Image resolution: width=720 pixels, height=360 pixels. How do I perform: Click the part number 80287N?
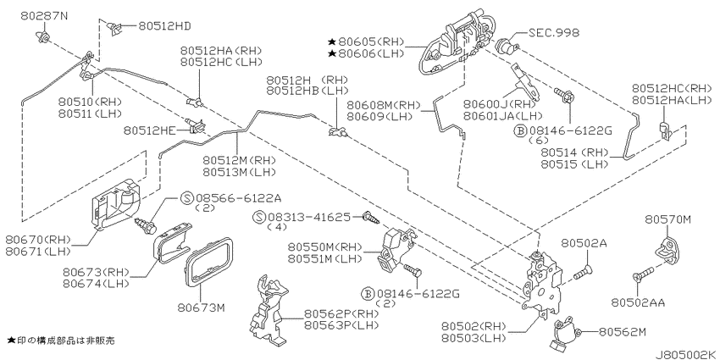(x=44, y=16)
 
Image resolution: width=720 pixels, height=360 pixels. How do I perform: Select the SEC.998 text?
(x=554, y=32)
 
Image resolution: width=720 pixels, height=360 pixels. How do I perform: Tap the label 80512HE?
(x=150, y=130)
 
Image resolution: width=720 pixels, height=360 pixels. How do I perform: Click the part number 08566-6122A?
(x=238, y=198)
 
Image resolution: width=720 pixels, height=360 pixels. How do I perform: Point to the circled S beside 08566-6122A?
(x=187, y=198)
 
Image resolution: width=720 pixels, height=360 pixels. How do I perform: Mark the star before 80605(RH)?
(x=332, y=42)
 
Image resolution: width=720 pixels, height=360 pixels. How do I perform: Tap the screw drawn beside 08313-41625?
(x=371, y=217)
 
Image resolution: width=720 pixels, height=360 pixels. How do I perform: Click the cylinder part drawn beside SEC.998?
(x=507, y=46)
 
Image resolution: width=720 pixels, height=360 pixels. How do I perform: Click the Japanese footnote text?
(x=61, y=341)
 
